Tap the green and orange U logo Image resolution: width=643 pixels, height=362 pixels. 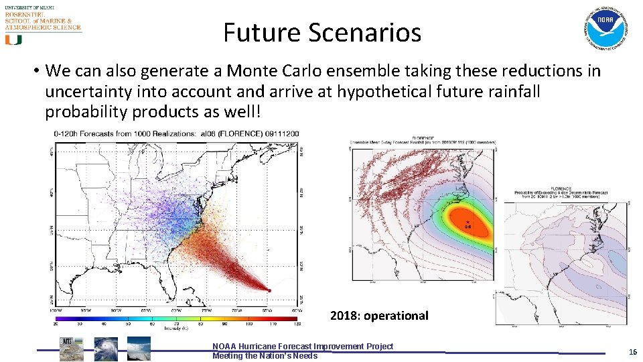(x=13, y=40)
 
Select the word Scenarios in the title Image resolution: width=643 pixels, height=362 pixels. (x=358, y=32)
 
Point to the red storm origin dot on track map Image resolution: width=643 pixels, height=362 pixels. (x=269, y=290)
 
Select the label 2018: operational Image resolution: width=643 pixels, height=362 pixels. (x=379, y=315)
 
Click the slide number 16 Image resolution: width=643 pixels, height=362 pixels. (x=632, y=352)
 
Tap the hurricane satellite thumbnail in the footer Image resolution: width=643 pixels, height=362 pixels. (x=106, y=349)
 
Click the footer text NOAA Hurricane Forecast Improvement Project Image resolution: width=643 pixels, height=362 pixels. (x=303, y=346)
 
